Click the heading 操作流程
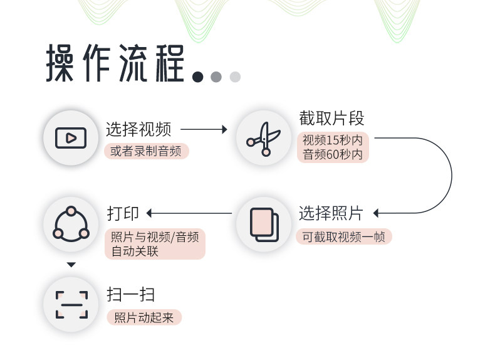[x=116, y=64]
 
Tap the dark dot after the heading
[x=198, y=77]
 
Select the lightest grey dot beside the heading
[x=235, y=77]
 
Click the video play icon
[x=71, y=137]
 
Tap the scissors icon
[x=264, y=138]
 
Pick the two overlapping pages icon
[x=264, y=223]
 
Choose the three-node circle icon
[x=71, y=223]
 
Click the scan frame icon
[x=71, y=304]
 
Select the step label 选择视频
[x=138, y=130]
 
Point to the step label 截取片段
[x=331, y=118]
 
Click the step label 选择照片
[x=330, y=213]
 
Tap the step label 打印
[x=123, y=213]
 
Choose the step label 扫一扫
[x=130, y=295]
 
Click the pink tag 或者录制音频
[x=147, y=151]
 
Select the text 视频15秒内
[x=332, y=140]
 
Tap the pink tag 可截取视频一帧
[x=343, y=236]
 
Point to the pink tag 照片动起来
[x=143, y=317]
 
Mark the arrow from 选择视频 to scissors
[x=204, y=130]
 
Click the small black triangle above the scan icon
[x=71, y=265]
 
